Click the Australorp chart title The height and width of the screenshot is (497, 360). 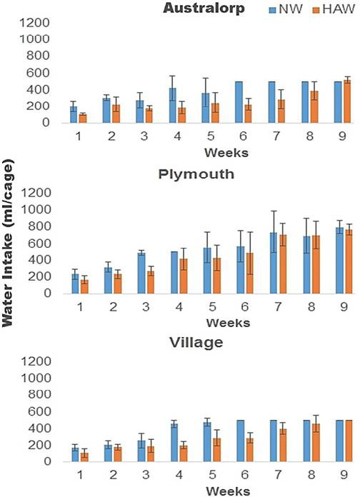point(204,9)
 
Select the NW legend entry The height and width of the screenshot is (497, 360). point(286,9)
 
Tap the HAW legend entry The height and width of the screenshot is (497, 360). point(334,9)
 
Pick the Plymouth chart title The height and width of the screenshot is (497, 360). point(196,174)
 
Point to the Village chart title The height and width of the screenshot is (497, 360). point(196,343)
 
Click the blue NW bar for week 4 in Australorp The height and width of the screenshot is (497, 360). point(173,105)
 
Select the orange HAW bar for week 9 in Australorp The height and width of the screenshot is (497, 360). point(347,101)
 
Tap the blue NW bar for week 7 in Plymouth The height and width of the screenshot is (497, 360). point(274,263)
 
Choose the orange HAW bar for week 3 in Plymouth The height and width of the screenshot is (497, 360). point(150,282)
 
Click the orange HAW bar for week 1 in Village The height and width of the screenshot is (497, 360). point(84,457)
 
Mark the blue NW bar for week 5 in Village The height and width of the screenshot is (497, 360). point(207,442)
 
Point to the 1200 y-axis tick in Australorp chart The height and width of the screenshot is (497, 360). point(35,23)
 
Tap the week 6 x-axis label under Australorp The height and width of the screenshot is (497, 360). point(244,136)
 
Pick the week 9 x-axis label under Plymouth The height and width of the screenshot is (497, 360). point(344,307)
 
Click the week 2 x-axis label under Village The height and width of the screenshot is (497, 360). point(114,475)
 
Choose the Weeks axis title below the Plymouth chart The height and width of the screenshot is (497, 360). point(228,323)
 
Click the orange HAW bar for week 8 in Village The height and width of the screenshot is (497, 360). point(316,443)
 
